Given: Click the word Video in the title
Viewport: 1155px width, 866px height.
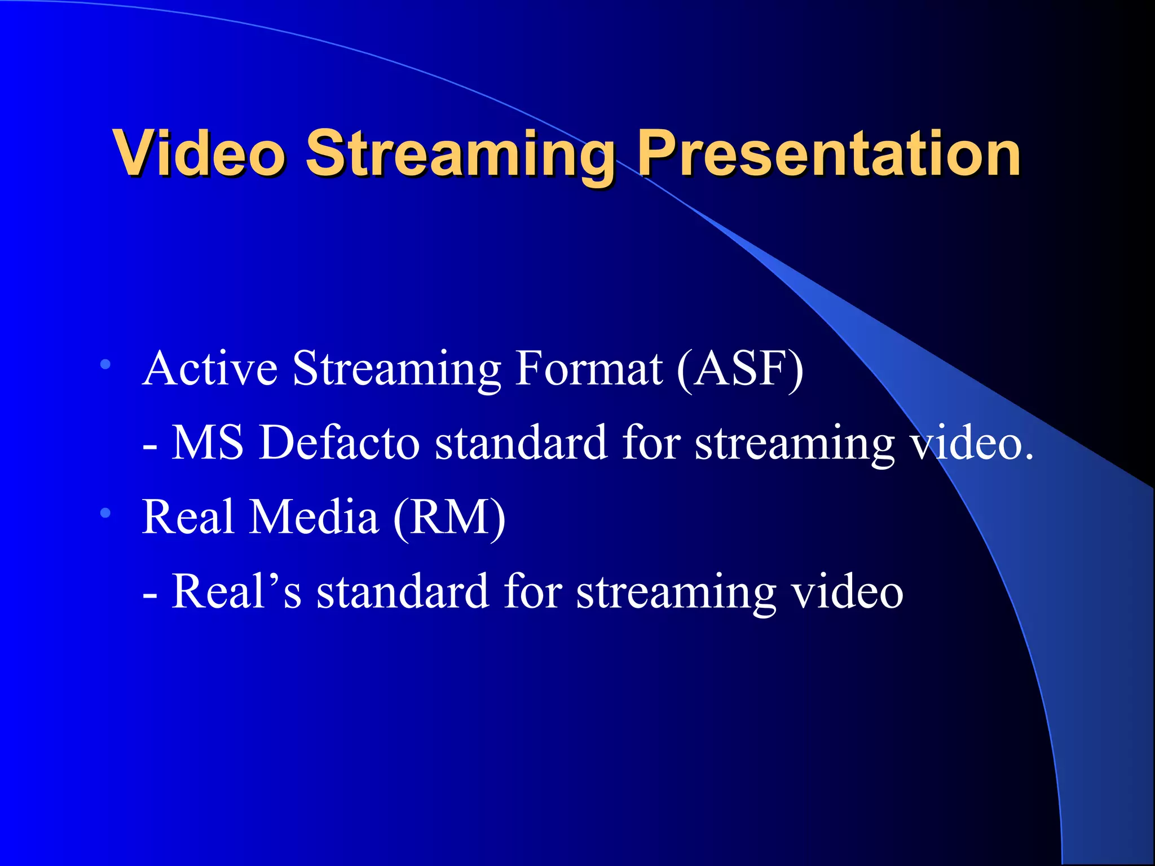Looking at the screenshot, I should (199, 153).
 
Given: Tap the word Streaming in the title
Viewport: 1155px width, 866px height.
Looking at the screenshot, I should (460, 155).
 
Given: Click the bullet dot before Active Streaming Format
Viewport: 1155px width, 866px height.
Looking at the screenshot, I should (105, 365).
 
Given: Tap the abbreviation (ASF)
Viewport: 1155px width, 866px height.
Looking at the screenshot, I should (740, 369).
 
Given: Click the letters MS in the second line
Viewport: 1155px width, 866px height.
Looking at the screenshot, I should (207, 443).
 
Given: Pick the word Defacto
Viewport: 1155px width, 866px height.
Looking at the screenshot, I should (339, 443).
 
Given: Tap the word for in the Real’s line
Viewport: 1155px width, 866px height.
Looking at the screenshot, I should (532, 591).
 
